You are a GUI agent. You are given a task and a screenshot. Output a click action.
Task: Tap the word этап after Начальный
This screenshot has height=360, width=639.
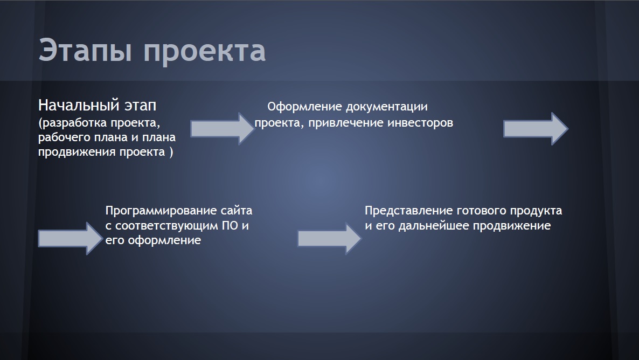pyautogui.click(x=140, y=106)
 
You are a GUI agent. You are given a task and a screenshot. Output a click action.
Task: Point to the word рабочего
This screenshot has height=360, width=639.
pyautogui.click(x=62, y=138)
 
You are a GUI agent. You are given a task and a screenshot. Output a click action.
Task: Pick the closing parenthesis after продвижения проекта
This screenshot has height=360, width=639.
pyautogui.click(x=171, y=152)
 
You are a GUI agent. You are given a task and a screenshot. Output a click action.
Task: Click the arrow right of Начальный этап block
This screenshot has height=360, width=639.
pyautogui.click(x=223, y=128)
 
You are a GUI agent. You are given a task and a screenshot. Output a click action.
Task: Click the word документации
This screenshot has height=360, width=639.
pyautogui.click(x=387, y=107)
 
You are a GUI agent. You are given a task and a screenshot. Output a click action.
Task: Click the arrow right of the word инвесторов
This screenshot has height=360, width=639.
pyautogui.click(x=536, y=128)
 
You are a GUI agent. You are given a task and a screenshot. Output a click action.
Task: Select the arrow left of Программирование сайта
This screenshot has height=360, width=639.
pyautogui.click(x=70, y=238)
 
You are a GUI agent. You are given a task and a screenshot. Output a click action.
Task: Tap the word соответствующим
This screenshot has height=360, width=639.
pyautogui.click(x=166, y=226)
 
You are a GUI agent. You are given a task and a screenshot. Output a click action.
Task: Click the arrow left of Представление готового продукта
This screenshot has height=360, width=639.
pyautogui.click(x=329, y=238)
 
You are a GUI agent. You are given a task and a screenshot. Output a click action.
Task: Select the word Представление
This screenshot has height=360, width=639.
pyautogui.click(x=409, y=211)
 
